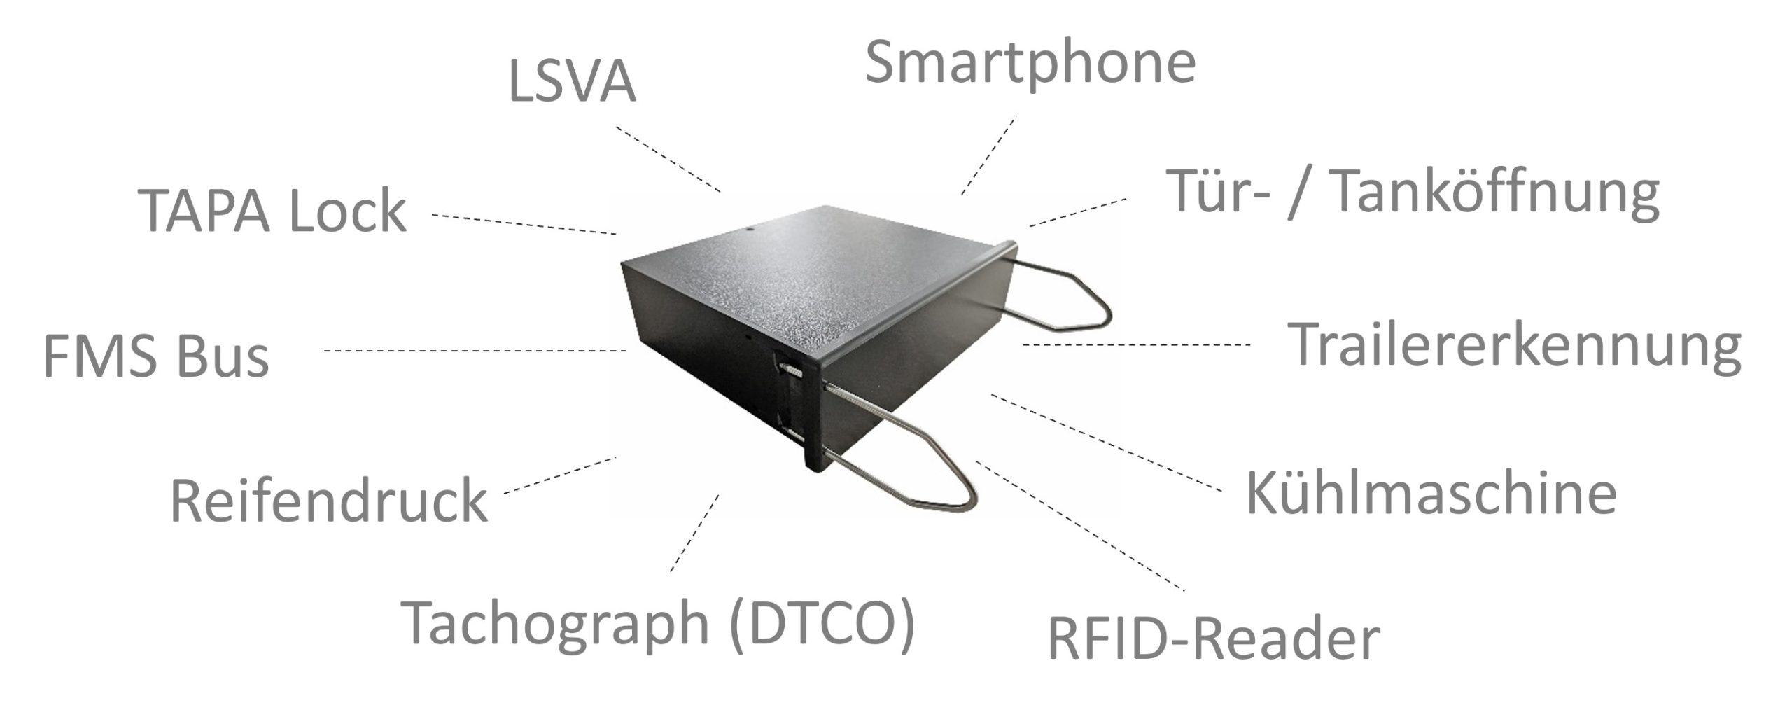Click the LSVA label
[x=572, y=83]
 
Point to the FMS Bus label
[x=156, y=357]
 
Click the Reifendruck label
[x=328, y=501]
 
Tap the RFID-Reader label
[x=1213, y=638]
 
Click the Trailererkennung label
[x=1514, y=345]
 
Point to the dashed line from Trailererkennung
[x=1135, y=344]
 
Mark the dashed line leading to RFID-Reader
[x=1078, y=525]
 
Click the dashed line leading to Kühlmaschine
[x=1106, y=441]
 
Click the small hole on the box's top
[x=750, y=228]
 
